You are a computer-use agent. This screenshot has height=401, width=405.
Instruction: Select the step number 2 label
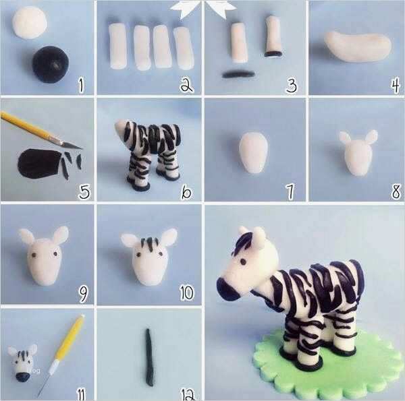(x=186, y=84)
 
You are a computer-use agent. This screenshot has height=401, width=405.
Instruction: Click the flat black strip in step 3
(x=238, y=73)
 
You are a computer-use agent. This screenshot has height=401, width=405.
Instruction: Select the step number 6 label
(x=186, y=192)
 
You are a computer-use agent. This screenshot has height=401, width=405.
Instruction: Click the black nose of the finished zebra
(x=227, y=291)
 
